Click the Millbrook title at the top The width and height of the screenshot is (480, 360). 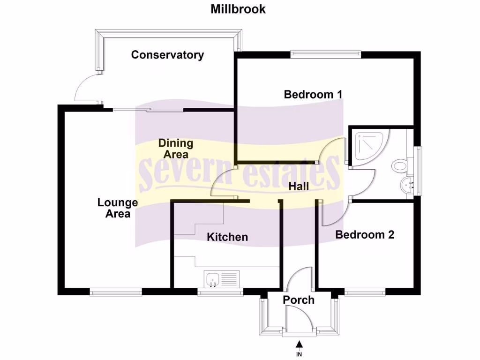pos(238,9)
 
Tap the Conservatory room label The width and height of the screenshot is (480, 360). pos(167,55)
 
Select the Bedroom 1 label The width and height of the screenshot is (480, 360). pos(313,94)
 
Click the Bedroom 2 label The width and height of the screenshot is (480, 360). pos(365,234)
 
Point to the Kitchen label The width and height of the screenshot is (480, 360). pos(227,237)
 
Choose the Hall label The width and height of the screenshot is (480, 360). pos(299,186)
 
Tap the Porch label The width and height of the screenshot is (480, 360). pos(299,300)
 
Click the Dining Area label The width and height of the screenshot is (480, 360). pos(175,148)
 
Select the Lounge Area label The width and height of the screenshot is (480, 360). pos(118,208)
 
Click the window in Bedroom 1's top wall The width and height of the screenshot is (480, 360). pos(326,54)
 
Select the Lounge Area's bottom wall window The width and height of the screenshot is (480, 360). pos(116,292)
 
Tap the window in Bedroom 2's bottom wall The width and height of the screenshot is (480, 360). pos(365,292)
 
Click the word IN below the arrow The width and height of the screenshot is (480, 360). pos(299,355)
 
